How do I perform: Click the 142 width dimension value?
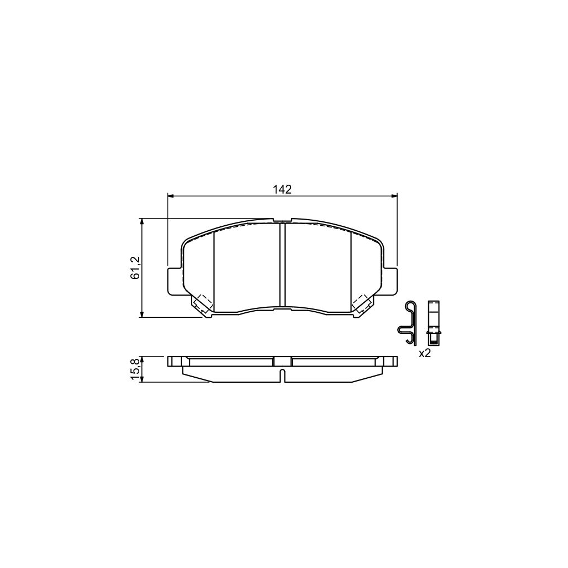(x=282, y=189)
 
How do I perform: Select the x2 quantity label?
(x=424, y=353)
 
